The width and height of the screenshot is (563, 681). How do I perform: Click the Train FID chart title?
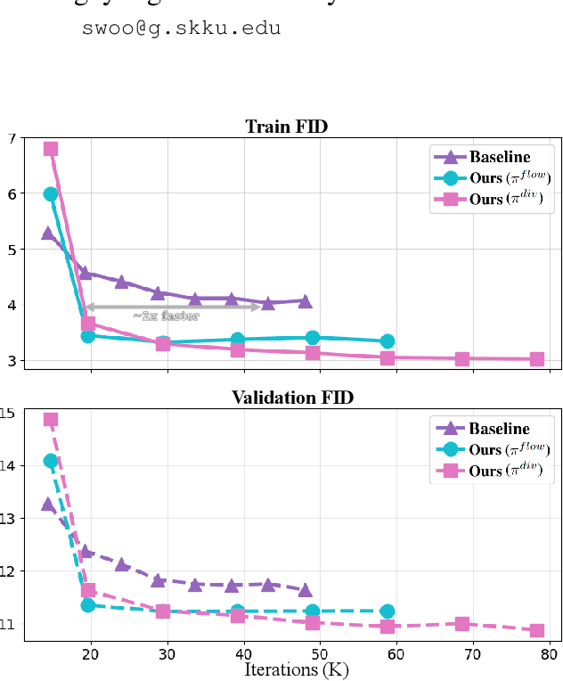286,127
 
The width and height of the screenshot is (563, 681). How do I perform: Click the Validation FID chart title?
292,397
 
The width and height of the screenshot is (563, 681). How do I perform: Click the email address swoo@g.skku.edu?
181,28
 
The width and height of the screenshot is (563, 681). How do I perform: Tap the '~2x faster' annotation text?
166,316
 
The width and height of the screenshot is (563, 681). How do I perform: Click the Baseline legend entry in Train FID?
492,158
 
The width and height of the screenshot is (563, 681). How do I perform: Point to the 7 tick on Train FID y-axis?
12,138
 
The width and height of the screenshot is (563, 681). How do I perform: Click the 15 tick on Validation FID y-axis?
8,413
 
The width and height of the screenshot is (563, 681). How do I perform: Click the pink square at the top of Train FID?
51,149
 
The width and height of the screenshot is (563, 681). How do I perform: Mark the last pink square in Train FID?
537,359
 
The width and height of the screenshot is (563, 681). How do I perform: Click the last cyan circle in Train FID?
388,341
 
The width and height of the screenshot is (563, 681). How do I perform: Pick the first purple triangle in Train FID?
48,234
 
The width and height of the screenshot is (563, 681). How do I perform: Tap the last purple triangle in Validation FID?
306,590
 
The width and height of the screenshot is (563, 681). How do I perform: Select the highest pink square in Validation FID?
51,419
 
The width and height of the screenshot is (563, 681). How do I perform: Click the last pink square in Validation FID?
537,630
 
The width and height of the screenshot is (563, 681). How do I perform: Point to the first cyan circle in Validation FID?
51,461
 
